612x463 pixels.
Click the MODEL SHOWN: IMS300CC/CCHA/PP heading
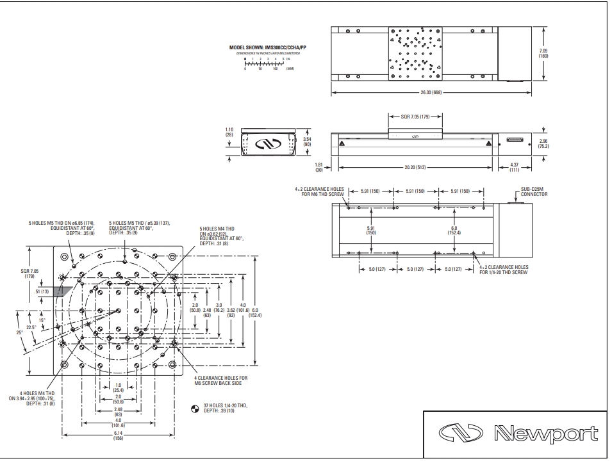tap(264, 47)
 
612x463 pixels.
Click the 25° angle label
tap(19, 332)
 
